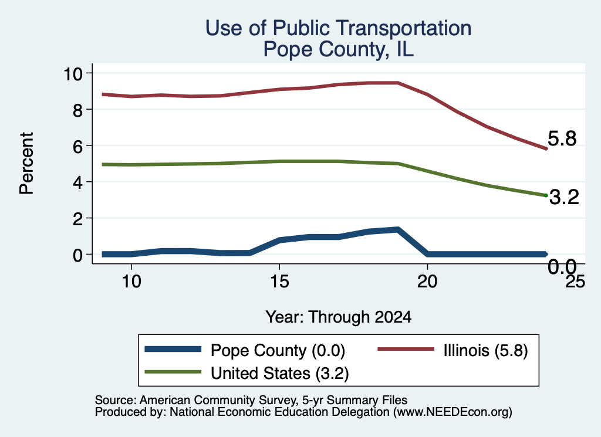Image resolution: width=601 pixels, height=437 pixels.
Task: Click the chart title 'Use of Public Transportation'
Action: pos(338,28)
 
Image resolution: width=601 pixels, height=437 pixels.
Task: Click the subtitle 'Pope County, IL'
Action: pos(338,49)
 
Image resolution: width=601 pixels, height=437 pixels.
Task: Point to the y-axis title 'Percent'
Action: pos(26,163)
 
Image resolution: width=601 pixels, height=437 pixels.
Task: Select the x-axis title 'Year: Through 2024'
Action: pos(338,317)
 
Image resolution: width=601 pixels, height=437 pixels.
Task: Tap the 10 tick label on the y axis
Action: pos(73,73)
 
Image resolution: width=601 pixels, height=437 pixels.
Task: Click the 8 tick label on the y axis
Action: pos(78,110)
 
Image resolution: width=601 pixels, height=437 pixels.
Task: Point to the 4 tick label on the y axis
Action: pos(78,182)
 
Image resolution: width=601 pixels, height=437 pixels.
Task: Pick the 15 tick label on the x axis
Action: pos(279,282)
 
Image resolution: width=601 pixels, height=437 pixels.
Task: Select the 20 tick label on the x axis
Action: pos(427,282)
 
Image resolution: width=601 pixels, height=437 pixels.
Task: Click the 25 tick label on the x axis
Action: pos(575,282)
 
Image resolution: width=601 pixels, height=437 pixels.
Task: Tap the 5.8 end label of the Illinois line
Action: pos(562,138)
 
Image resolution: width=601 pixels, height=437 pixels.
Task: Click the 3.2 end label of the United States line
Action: pos(564,197)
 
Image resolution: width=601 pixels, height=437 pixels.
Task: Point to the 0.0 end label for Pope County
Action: pos(562,266)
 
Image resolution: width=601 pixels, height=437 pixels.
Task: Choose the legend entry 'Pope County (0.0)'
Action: pos(278,350)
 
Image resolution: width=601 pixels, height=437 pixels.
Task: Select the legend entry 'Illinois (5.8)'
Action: pos(485,350)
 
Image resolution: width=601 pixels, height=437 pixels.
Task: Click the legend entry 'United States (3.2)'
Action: pos(280,373)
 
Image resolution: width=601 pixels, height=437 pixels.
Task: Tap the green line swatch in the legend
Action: pos(173,372)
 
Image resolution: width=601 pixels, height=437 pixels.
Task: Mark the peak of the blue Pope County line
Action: pos(398,230)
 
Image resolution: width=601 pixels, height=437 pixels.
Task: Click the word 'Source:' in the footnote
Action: pos(116,400)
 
